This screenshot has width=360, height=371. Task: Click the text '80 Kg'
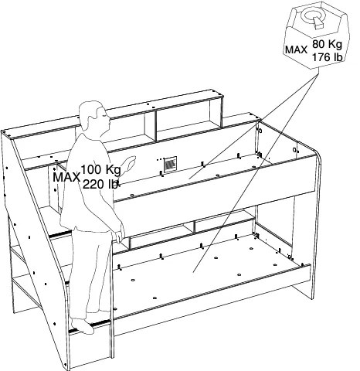point(327,44)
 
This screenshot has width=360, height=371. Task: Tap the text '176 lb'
point(328,57)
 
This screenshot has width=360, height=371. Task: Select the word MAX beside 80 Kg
point(297,49)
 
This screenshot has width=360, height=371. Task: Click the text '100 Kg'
point(100,169)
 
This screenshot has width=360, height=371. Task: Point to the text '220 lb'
point(100,184)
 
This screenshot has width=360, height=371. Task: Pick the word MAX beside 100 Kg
point(66,177)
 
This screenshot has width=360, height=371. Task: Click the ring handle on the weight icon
point(314,16)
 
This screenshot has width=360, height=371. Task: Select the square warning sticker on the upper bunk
point(170,164)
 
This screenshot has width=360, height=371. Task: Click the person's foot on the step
point(83,326)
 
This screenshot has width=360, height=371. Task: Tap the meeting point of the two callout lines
point(318,73)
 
